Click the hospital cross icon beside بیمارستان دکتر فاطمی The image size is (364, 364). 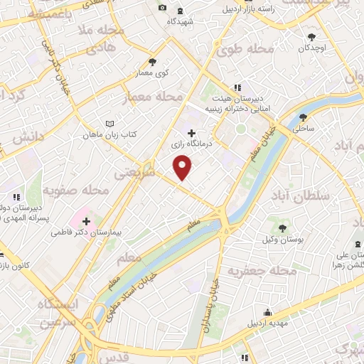point(87,223)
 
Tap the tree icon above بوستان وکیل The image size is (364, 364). point(282,227)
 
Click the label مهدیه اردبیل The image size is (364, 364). point(269,323)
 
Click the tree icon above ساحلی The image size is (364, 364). point(304,118)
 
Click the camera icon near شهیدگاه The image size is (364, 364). point(162,8)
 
